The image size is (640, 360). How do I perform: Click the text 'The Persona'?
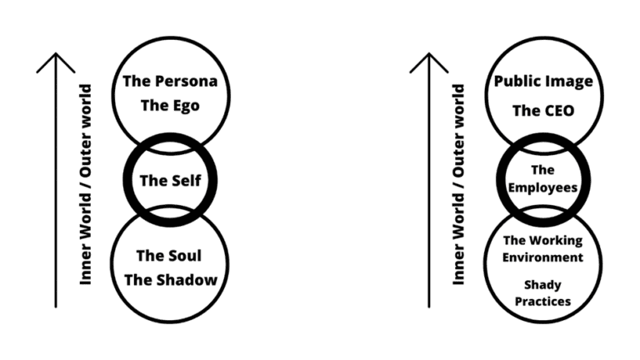tap(170, 82)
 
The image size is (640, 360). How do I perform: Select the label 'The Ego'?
tap(170, 106)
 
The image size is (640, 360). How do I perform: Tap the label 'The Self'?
tap(170, 180)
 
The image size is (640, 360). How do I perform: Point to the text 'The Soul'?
tap(170, 255)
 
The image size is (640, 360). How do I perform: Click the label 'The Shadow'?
tap(170, 279)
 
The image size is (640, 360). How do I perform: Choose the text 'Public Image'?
tap(543, 82)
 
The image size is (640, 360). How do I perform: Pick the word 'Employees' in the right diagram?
tap(543, 188)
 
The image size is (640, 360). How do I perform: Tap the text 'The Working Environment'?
tap(543, 248)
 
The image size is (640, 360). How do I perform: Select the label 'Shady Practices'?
tap(543, 292)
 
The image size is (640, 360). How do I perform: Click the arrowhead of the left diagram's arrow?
tap(56, 60)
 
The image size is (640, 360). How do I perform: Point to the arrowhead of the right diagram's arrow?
tap(430, 60)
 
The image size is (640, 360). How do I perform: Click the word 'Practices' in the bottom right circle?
tap(543, 301)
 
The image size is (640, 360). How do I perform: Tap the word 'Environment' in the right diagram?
tap(543, 257)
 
